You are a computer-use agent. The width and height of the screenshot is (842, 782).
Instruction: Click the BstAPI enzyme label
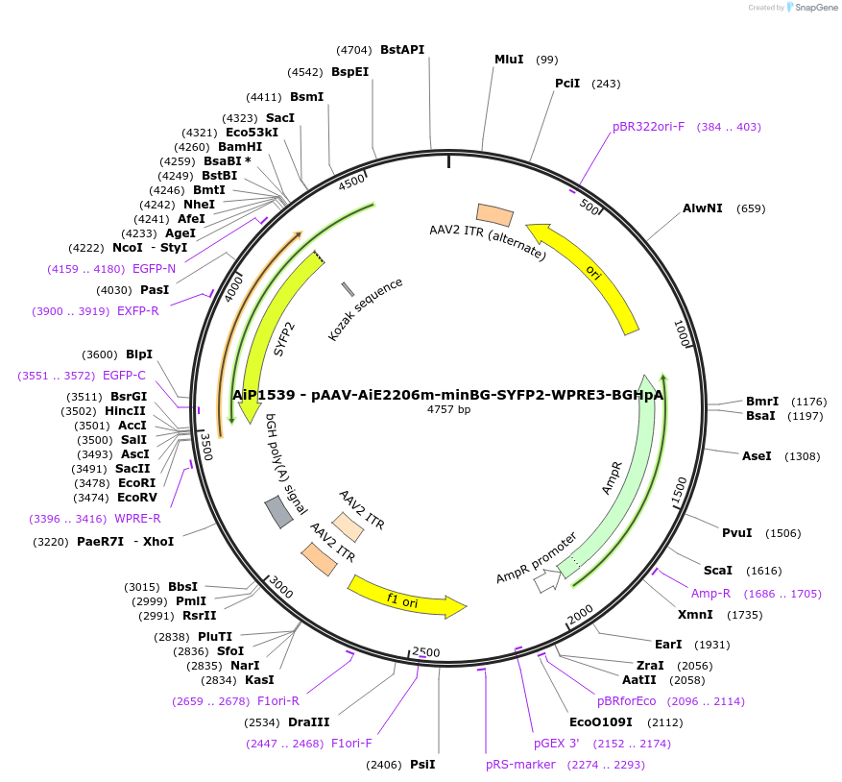pyautogui.click(x=401, y=49)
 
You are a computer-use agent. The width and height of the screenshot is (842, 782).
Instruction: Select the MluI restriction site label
pyautogui.click(x=508, y=59)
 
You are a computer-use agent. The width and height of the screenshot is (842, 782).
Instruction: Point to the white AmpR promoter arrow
pyautogui.click(x=547, y=580)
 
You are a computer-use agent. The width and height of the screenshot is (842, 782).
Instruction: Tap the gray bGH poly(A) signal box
pyautogui.click(x=278, y=512)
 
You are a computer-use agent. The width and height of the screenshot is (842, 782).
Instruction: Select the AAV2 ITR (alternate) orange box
pyautogui.click(x=494, y=215)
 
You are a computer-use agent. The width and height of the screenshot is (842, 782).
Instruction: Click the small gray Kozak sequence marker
pyautogui.click(x=348, y=289)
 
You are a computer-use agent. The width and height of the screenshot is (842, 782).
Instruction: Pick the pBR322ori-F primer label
pyautogui.click(x=648, y=127)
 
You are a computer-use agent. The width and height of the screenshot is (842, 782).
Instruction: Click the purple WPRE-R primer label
pyautogui.click(x=137, y=519)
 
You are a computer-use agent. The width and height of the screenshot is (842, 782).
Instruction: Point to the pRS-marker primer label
pyautogui.click(x=519, y=765)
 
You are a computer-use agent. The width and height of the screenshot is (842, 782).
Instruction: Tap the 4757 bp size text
pyautogui.click(x=448, y=409)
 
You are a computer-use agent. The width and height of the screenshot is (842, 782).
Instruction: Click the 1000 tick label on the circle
pyautogui.click(x=682, y=333)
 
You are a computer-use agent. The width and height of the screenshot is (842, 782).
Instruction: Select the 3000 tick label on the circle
pyautogui.click(x=280, y=585)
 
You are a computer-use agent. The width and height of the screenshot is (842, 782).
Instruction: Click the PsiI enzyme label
pyautogui.click(x=422, y=765)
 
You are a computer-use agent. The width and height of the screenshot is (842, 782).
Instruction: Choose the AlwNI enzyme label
pyautogui.click(x=703, y=208)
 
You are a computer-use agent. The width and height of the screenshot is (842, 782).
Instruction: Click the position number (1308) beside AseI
pyautogui.click(x=802, y=456)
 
